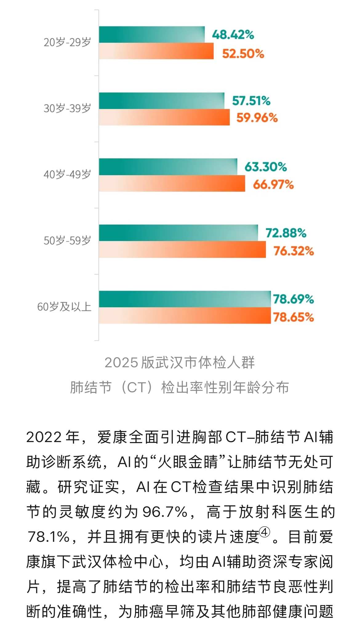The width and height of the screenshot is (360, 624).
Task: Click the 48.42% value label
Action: coord(233,35)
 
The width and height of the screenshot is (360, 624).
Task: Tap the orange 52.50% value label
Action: coord(243,54)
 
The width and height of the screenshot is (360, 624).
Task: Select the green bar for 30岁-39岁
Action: coord(162,101)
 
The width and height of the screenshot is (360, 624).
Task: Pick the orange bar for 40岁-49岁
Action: coord(172,183)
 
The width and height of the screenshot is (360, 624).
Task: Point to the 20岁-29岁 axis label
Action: coord(67,42)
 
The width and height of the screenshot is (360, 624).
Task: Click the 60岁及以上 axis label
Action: coord(64,307)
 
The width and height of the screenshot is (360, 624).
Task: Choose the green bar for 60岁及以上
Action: coord(185,299)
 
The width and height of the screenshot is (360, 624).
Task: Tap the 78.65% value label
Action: coord(293,317)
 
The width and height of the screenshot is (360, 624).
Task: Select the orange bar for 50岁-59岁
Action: coord(182,250)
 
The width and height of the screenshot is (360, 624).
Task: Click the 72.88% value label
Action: coord(286,233)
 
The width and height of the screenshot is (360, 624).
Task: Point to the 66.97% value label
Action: coord(273,185)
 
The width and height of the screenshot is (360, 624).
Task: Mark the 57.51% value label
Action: coord(251,101)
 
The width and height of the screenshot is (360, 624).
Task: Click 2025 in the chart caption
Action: coord(121,363)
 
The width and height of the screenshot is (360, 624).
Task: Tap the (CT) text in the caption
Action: coord(136,388)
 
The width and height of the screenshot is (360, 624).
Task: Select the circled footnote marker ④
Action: coord(265,532)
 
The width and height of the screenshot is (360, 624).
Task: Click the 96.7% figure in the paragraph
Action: coord(165,512)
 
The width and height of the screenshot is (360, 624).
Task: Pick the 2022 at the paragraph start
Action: coord(44,437)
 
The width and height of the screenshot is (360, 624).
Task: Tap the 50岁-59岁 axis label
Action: coord(67,241)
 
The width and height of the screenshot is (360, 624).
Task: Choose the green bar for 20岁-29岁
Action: coord(152,34)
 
